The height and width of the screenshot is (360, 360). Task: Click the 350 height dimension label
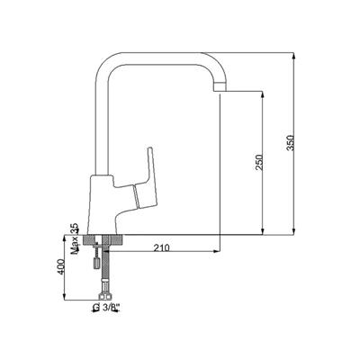click(x=292, y=143)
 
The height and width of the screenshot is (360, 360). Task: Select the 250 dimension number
click(x=259, y=162)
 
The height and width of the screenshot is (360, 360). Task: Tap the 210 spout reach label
click(x=162, y=247)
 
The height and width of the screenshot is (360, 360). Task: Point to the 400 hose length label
click(x=61, y=266)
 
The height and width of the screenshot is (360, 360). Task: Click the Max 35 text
click(x=74, y=238)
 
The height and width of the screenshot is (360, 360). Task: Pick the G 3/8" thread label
click(x=106, y=307)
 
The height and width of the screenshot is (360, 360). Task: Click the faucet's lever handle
click(x=147, y=178)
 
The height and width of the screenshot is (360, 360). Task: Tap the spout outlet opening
click(x=220, y=89)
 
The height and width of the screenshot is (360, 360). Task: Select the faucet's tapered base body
click(x=101, y=204)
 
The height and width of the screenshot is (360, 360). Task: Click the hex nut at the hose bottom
click(x=105, y=296)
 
